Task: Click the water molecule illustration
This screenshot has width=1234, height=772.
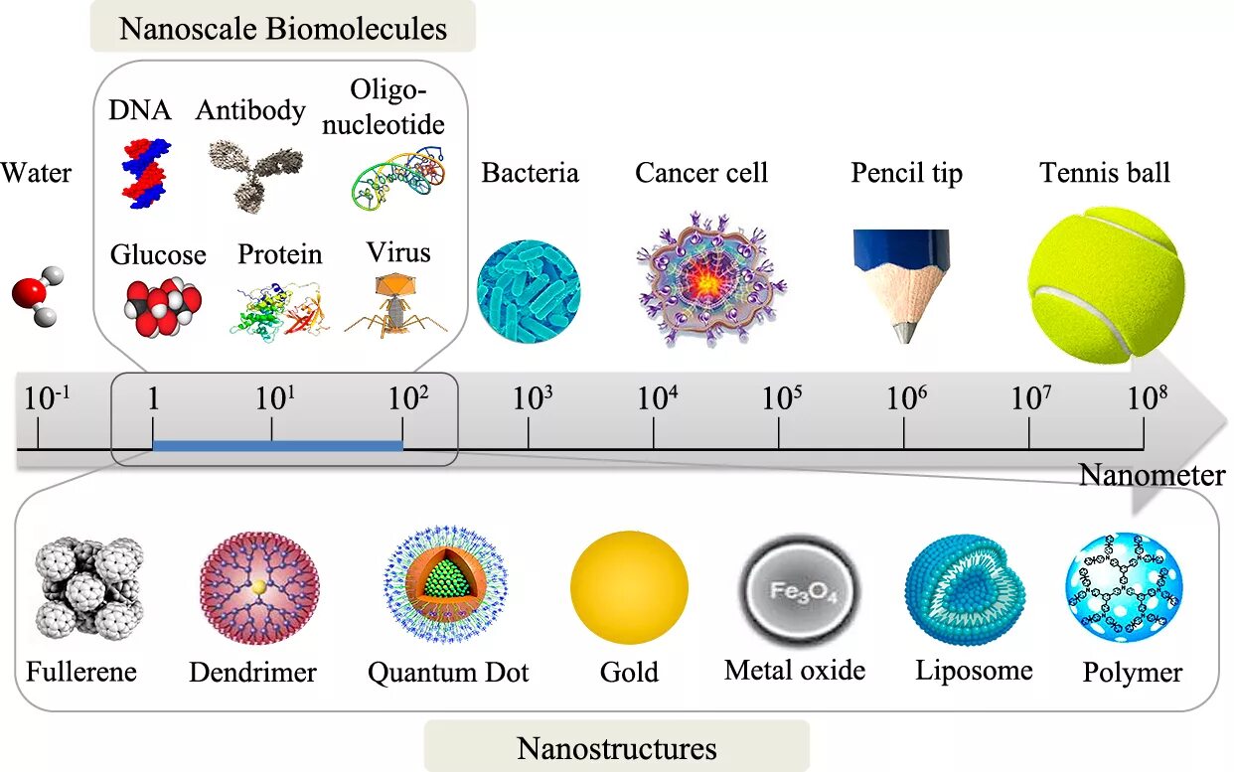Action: pyautogui.click(x=37, y=295)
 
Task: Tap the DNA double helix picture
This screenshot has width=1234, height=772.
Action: pyautogui.click(x=144, y=173)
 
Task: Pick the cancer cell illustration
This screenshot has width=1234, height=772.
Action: pyautogui.click(x=709, y=282)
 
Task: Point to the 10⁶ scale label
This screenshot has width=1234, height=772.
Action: pyautogui.click(x=906, y=398)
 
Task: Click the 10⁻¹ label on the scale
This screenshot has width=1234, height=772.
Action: pyautogui.click(x=47, y=398)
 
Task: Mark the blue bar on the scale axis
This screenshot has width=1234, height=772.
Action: pyautogui.click(x=277, y=445)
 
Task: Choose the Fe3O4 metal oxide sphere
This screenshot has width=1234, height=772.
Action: pyautogui.click(x=799, y=592)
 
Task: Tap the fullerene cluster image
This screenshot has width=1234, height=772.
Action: pyautogui.click(x=87, y=587)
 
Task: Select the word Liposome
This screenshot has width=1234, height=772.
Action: pyautogui.click(x=974, y=671)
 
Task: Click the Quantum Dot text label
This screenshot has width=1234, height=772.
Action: pyautogui.click(x=448, y=673)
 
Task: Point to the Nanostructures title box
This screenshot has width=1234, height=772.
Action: pyautogui.click(x=617, y=746)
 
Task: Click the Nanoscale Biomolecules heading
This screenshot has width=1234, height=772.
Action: pyautogui.click(x=283, y=28)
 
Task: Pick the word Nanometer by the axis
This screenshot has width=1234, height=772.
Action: pyautogui.click(x=1153, y=476)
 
